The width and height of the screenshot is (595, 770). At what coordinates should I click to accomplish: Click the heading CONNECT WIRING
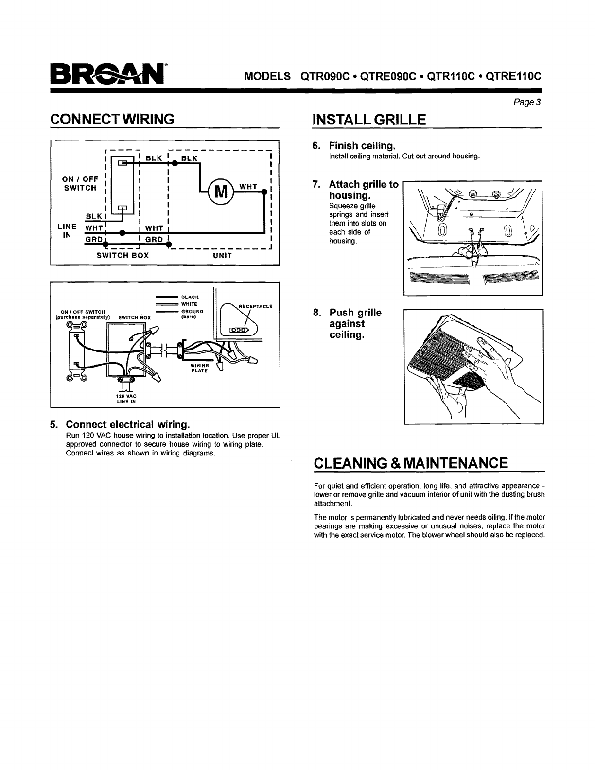(112, 119)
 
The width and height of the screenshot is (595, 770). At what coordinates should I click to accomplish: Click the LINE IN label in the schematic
(67, 230)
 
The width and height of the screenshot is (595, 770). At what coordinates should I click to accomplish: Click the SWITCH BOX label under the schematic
(126, 255)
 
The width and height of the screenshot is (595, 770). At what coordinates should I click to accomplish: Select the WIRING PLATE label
(199, 367)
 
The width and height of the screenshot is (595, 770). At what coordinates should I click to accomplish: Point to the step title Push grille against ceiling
(355, 324)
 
